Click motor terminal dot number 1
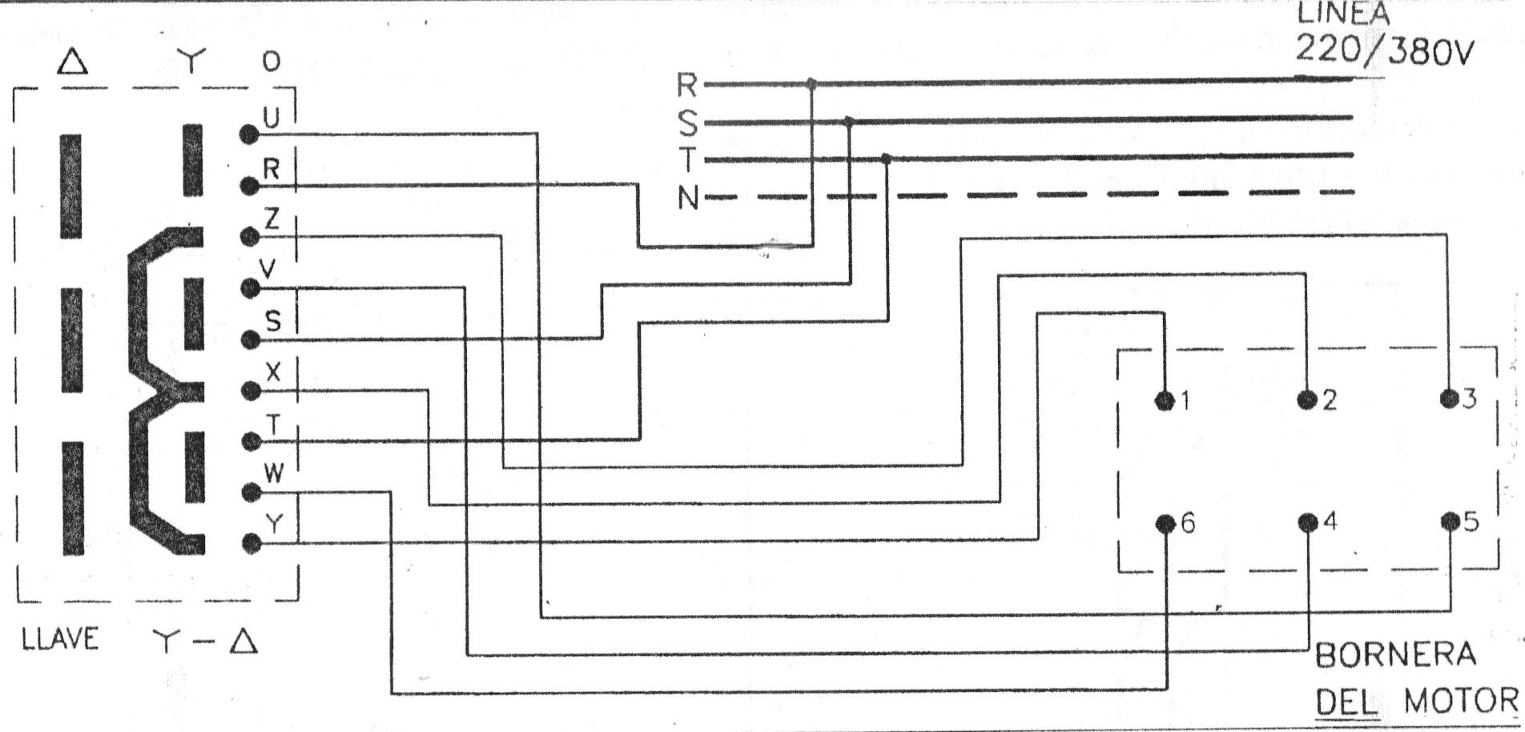(1163, 400)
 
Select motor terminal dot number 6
(1165, 524)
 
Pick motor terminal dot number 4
(1307, 523)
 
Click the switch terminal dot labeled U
(249, 135)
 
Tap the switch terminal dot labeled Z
(250, 237)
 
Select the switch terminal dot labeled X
(251, 391)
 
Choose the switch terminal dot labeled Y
(251, 544)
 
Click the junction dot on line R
(811, 83)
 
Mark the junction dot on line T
(885, 159)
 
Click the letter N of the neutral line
(687, 198)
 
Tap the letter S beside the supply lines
(687, 123)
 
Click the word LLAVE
(60, 639)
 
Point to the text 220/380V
(1383, 50)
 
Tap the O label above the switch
(272, 62)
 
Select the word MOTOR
(1461, 702)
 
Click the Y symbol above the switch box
(191, 60)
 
